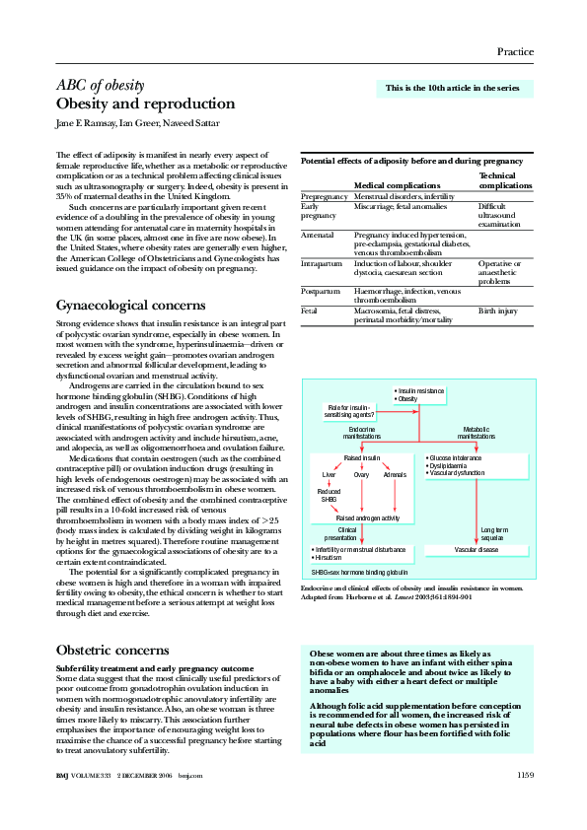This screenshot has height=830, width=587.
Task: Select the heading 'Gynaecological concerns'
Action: click(x=130, y=306)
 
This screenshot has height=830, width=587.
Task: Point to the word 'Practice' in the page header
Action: click(x=514, y=51)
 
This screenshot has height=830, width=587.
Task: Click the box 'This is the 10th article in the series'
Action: click(x=453, y=89)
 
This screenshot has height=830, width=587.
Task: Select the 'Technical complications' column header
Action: click(x=504, y=179)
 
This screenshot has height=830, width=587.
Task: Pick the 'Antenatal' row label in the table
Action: click(x=318, y=237)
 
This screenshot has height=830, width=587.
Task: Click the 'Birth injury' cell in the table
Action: click(x=497, y=310)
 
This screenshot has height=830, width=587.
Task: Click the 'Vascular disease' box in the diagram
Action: click(x=476, y=549)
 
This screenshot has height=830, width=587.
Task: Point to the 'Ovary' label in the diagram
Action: click(x=362, y=475)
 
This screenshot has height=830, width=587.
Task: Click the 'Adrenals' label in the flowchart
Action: click(x=395, y=475)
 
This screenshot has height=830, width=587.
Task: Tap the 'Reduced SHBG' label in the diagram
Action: click(x=329, y=496)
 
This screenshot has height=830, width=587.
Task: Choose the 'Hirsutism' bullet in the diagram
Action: click(x=329, y=557)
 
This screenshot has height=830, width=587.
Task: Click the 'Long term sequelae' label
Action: click(x=493, y=533)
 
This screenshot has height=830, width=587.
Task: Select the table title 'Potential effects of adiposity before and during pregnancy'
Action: click(x=411, y=160)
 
